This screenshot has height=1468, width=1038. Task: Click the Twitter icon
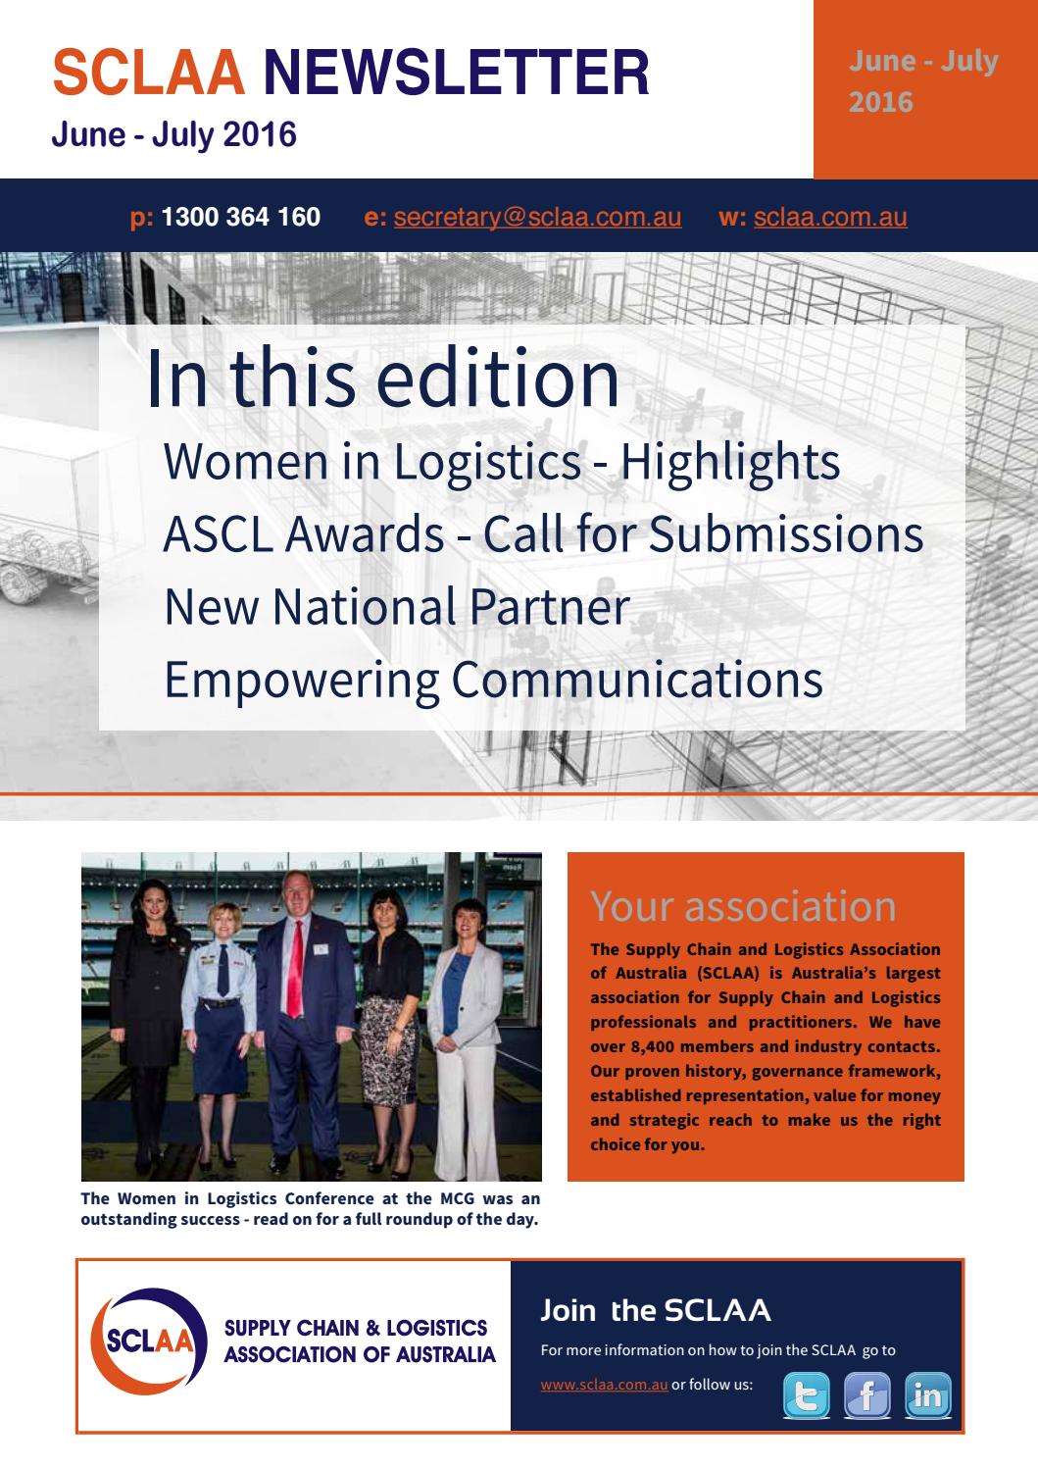tap(806, 1395)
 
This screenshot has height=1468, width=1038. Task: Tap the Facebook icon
tap(866, 1395)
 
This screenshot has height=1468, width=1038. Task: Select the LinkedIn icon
tap(926, 1395)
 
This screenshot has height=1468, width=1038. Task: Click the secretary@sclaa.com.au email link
tap(537, 217)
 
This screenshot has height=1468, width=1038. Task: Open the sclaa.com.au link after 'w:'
tap(830, 217)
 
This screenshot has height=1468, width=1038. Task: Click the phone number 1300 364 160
tap(240, 217)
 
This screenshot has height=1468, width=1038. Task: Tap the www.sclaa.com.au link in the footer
tap(604, 1385)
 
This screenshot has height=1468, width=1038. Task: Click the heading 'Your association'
tap(743, 906)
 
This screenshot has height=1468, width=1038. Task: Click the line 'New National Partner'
tap(396, 606)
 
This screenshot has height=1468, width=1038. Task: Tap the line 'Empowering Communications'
tap(493, 679)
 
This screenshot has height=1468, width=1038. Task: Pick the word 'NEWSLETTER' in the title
tap(457, 73)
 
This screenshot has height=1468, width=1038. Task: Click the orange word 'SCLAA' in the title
tap(148, 73)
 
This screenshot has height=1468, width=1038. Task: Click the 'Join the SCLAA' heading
tap(655, 1310)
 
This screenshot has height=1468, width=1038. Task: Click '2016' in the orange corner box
tap(880, 102)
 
